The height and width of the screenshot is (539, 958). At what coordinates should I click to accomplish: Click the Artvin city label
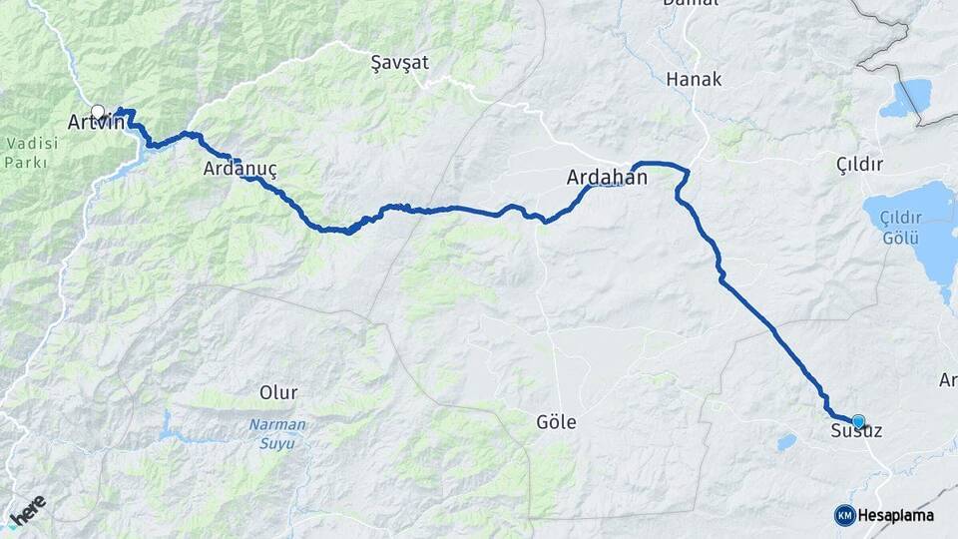pyautogui.click(x=96, y=123)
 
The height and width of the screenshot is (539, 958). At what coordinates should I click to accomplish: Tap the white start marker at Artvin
pyautogui.click(x=98, y=111)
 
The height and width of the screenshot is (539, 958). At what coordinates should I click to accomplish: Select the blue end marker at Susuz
pyautogui.click(x=857, y=421)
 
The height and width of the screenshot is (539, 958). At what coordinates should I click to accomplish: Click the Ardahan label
pyautogui.click(x=607, y=178)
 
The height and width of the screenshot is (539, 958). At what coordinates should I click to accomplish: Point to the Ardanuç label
pyautogui.click(x=239, y=169)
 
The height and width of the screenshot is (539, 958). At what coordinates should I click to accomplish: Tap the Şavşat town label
pyautogui.click(x=399, y=62)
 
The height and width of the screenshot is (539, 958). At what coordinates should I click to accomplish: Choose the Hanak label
pyautogui.click(x=693, y=79)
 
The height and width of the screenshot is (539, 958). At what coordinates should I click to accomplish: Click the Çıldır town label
pyautogui.click(x=861, y=164)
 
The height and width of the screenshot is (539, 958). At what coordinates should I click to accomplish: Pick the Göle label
pyautogui.click(x=556, y=422)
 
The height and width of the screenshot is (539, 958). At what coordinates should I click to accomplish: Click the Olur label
pyautogui.click(x=278, y=391)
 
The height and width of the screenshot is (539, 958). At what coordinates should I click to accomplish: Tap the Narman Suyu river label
pyautogui.click(x=277, y=431)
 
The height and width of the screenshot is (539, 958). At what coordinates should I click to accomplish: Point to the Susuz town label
pyautogui.click(x=856, y=432)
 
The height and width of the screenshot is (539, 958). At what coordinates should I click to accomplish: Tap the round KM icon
pyautogui.click(x=844, y=515)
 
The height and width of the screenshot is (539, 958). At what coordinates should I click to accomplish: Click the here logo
pyautogui.click(x=27, y=507)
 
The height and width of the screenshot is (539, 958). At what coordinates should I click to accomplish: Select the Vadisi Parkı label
pyautogui.click(x=32, y=153)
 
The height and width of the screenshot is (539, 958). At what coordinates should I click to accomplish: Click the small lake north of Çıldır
pyautogui.click(x=904, y=98)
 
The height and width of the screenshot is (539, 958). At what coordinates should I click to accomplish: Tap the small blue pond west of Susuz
pyautogui.click(x=786, y=440)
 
